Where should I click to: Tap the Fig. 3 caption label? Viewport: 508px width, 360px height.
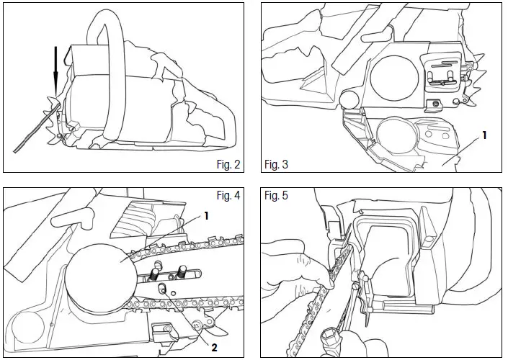[x=276, y=164]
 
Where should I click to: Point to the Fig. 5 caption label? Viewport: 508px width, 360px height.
[x=276, y=196]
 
